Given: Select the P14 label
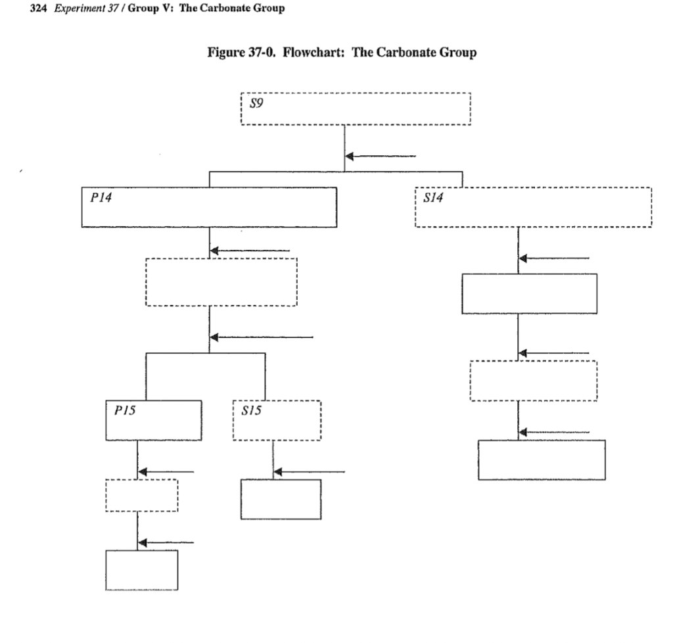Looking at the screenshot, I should point(97,195).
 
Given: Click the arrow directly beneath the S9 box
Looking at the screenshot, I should point(381,156).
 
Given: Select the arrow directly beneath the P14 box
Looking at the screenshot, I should point(250,250).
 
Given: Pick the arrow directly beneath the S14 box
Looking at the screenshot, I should point(554,258).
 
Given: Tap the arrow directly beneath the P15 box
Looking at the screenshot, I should point(166,471).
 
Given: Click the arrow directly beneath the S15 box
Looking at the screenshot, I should point(309,471).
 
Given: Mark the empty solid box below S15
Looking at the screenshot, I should point(281,500).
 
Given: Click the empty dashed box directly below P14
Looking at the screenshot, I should point(221,281).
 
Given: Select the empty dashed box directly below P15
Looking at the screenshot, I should point(141,495).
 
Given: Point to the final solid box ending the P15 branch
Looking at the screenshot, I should point(141,570).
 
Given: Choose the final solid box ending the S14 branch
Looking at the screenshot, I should point(541,460).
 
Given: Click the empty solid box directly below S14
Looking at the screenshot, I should point(529,293).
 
